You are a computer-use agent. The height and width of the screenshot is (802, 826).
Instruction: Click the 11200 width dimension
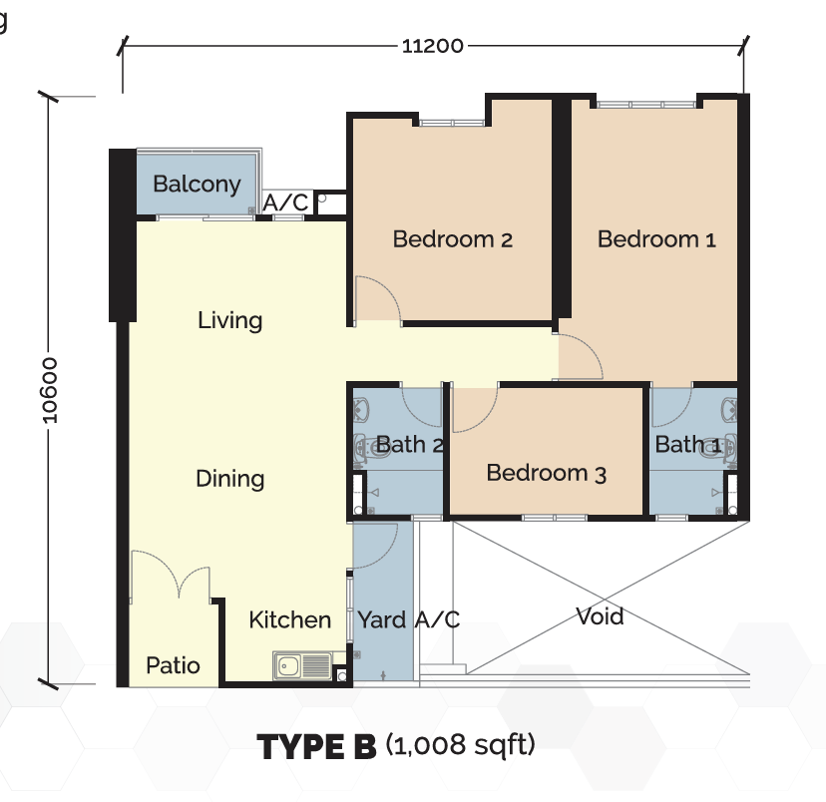click(433, 46)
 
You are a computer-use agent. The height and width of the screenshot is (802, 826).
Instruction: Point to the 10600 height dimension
click(49, 390)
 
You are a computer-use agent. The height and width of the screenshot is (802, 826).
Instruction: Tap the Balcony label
click(197, 185)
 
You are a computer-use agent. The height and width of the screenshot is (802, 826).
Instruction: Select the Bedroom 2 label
click(453, 239)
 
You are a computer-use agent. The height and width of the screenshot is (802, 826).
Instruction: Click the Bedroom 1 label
click(656, 239)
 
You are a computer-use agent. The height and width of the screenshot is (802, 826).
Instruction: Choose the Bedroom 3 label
click(547, 473)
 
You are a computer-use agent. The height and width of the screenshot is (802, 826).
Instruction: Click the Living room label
click(229, 320)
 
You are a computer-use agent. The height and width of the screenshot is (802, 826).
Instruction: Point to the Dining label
click(229, 479)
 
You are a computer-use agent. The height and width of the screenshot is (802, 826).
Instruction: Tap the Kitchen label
click(289, 619)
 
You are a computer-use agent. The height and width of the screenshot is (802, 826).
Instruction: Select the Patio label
click(173, 665)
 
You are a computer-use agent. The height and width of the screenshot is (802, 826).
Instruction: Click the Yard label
click(382, 619)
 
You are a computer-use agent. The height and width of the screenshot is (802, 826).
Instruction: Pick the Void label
click(600, 616)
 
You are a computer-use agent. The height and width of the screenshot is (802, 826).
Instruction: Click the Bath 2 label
click(409, 445)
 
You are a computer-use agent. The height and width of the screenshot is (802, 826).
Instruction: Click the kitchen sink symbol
click(302, 665)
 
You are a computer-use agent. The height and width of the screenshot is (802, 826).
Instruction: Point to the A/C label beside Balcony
click(285, 202)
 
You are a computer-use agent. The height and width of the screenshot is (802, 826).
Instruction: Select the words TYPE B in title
click(316, 746)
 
